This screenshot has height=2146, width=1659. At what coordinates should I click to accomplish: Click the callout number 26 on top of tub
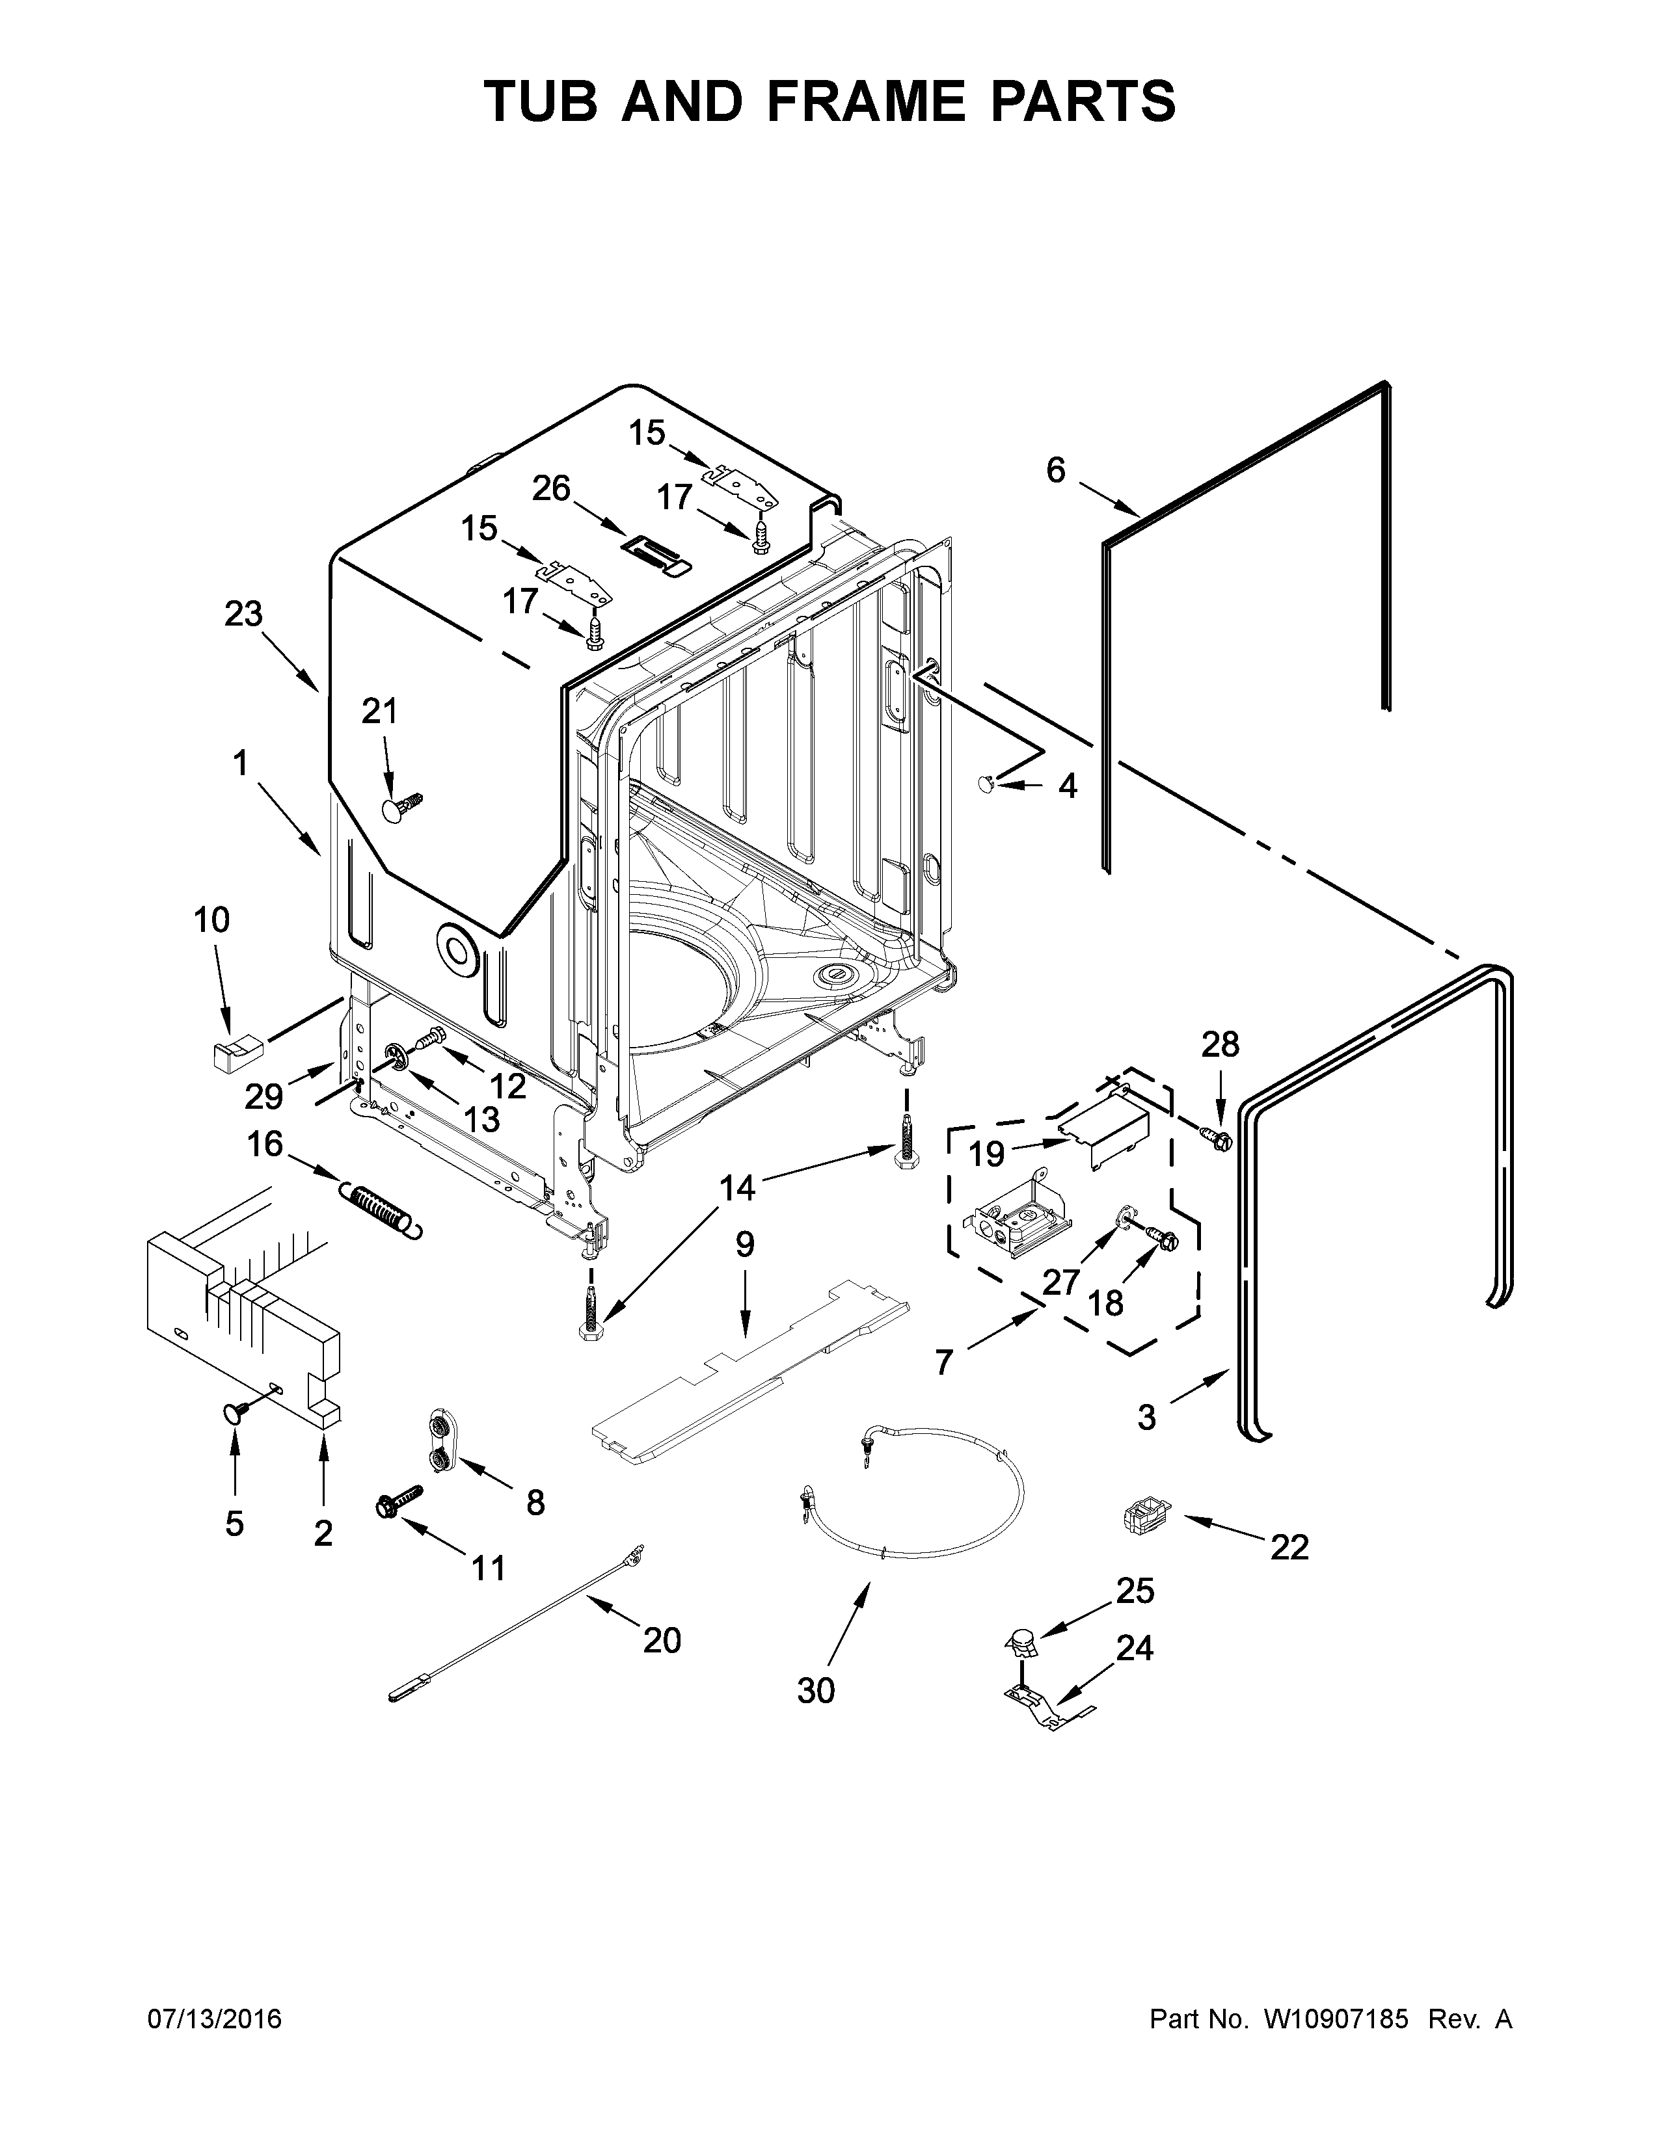pyautogui.click(x=551, y=487)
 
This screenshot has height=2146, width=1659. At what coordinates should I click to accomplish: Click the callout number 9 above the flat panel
pyautogui.click(x=744, y=1245)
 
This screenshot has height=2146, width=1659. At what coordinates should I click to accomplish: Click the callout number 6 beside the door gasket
pyautogui.click(x=1055, y=471)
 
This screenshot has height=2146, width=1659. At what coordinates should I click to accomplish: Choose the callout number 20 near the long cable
pyautogui.click(x=662, y=1640)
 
